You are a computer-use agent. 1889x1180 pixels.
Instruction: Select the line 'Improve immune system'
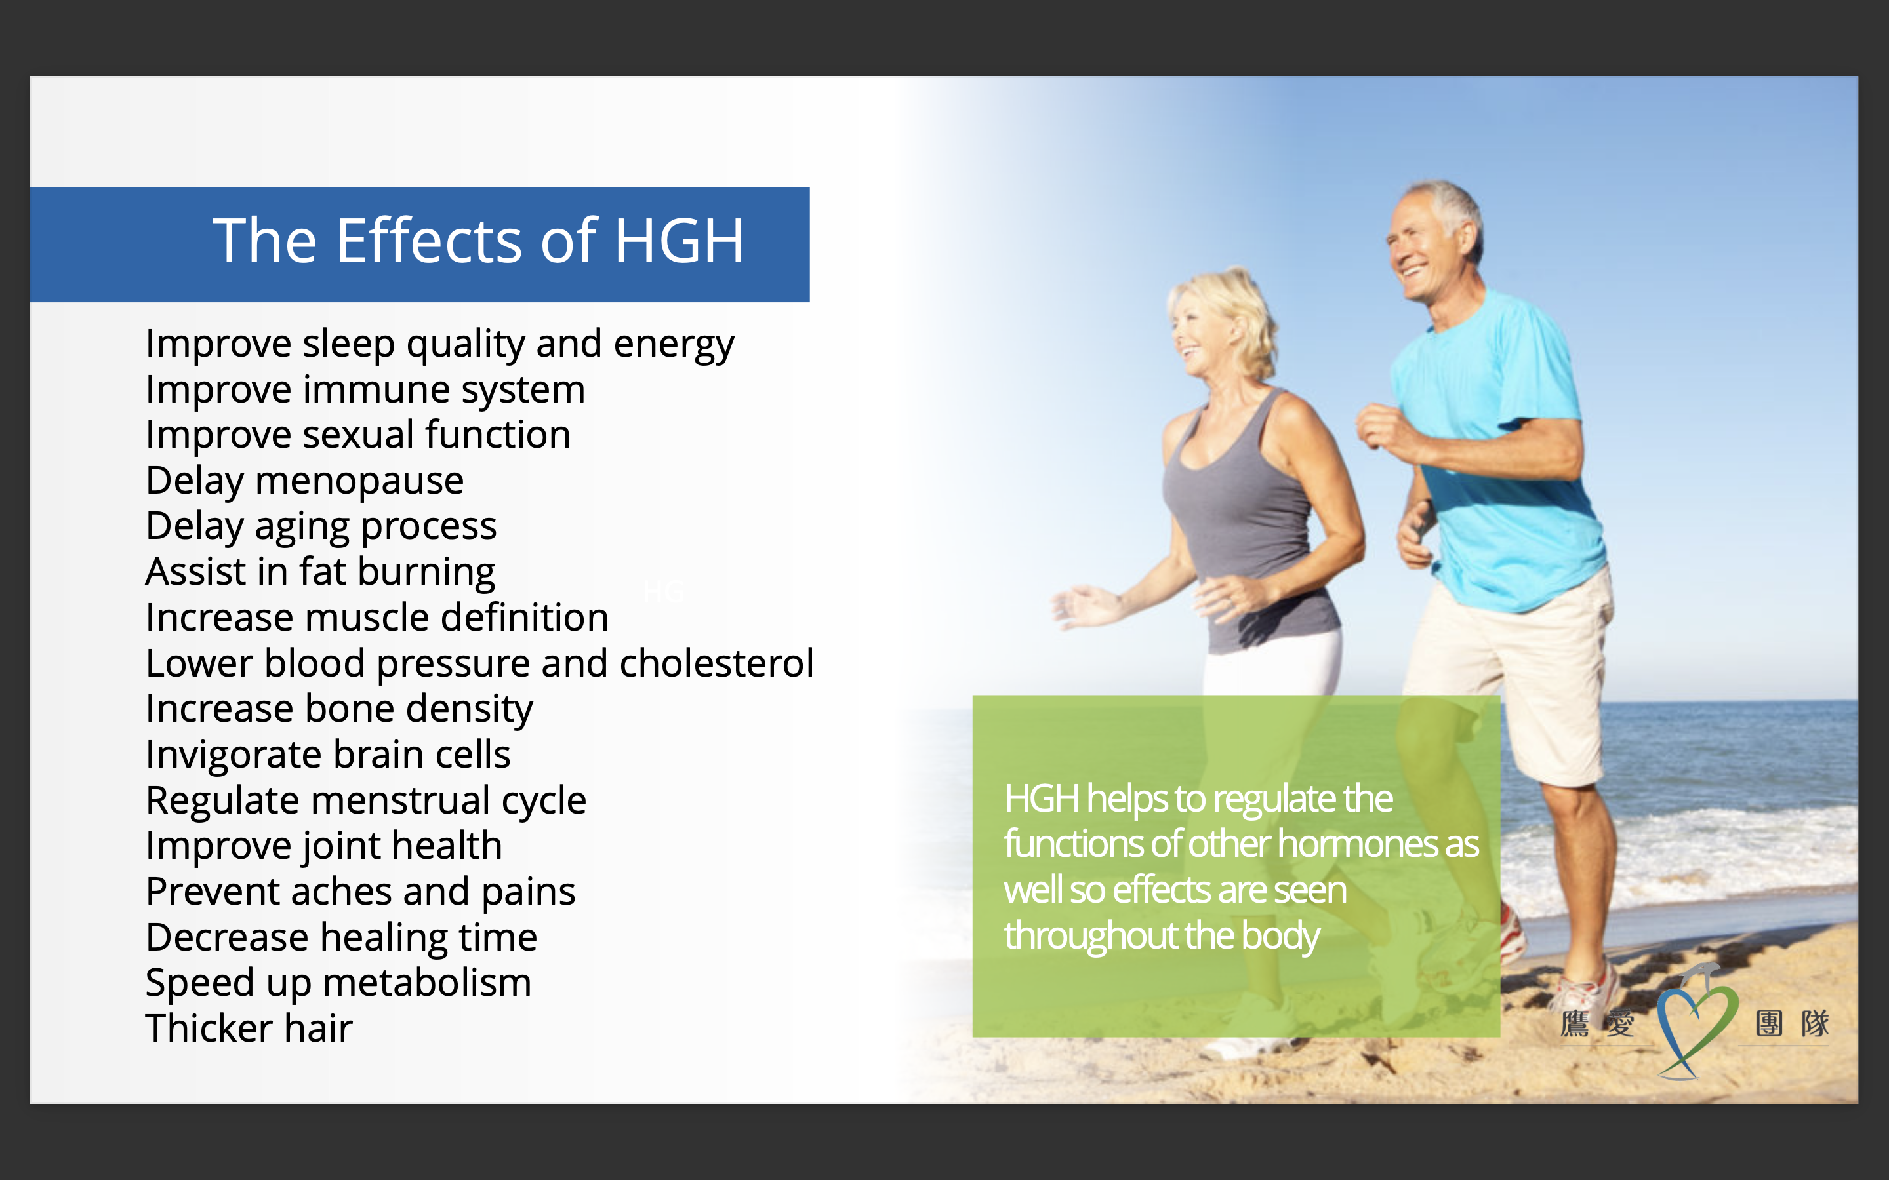pyautogui.click(x=365, y=389)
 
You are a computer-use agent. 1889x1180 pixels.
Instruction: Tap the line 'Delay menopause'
pyautogui.click(x=304, y=481)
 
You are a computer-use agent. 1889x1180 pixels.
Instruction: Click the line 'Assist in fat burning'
pyautogui.click(x=320, y=572)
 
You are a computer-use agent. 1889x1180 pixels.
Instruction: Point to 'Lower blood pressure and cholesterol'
pyautogui.click(x=479, y=663)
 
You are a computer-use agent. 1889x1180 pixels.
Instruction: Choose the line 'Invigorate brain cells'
pyautogui.click(x=328, y=754)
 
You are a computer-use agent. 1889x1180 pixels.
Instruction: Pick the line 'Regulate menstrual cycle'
pyautogui.click(x=366, y=800)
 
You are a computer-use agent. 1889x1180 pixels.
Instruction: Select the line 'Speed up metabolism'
pyautogui.click(x=338, y=983)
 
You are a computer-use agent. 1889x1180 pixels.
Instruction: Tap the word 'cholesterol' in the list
pyautogui.click(x=716, y=663)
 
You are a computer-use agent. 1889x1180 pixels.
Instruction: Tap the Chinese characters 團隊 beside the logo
pyautogui.click(x=1792, y=1023)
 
